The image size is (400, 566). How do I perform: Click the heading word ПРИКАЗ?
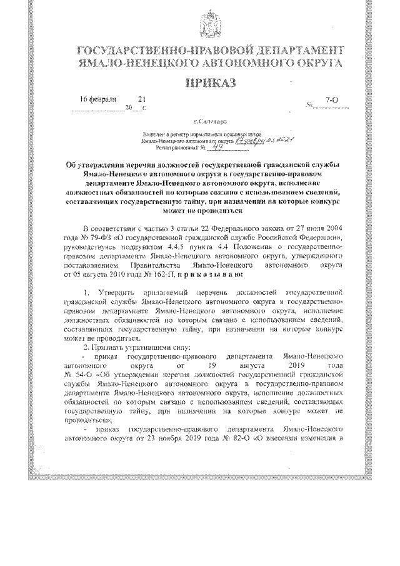(x=206, y=84)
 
